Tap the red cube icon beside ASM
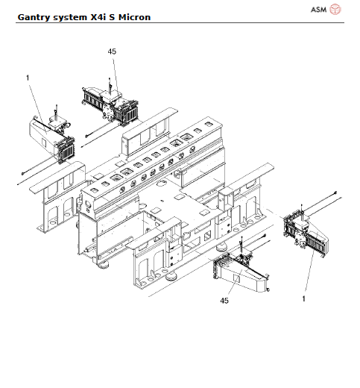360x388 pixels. click(x=335, y=9)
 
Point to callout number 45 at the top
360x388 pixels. click(x=112, y=51)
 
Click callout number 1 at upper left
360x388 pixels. click(x=28, y=77)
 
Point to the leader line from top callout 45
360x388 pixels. click(x=112, y=67)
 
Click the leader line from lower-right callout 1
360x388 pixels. click(x=306, y=272)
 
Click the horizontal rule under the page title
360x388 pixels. click(x=179, y=22)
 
